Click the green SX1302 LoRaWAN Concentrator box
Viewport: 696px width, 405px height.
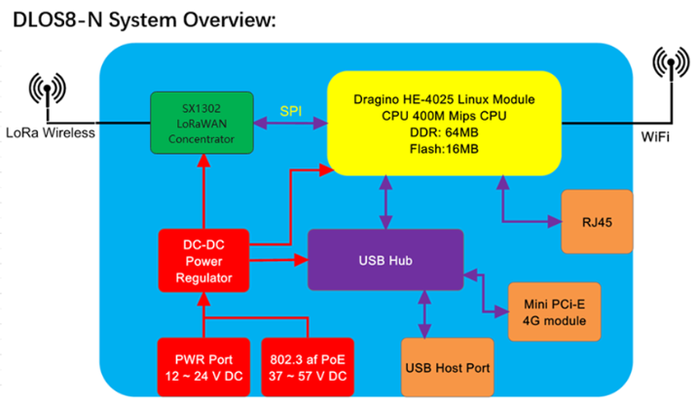(201, 123)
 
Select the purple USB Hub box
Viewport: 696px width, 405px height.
(385, 260)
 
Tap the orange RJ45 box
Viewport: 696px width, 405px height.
(597, 222)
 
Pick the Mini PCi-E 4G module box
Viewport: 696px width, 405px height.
(555, 312)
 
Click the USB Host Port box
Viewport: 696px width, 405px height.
(448, 367)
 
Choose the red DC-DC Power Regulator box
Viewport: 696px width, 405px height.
(203, 261)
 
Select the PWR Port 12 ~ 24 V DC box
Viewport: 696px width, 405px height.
(203, 367)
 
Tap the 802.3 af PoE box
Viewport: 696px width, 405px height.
(308, 367)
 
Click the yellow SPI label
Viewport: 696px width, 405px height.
(291, 111)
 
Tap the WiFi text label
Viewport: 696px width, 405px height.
(655, 136)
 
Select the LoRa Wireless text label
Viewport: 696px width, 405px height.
(51, 132)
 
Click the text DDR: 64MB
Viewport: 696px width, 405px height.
(444, 132)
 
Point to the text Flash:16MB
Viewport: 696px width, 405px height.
(444, 149)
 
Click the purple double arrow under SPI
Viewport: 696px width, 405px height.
(290, 123)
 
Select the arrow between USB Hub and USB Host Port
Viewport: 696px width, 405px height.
(424, 314)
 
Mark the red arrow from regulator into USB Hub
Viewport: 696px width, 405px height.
(278, 260)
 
